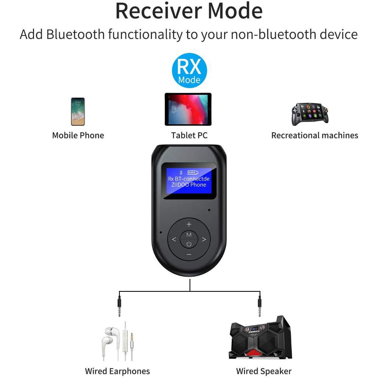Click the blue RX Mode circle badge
click(x=189, y=70)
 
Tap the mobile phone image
click(x=78, y=112)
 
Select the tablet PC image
click(x=188, y=109)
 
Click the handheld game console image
click(x=310, y=114)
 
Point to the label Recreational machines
click(x=314, y=135)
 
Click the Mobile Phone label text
click(x=78, y=135)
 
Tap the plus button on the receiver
click(x=189, y=225)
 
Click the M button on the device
click(x=189, y=235)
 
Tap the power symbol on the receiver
click(x=189, y=244)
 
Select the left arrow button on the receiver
click(x=174, y=239)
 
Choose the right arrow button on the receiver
click(x=204, y=239)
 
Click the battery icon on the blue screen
click(x=193, y=172)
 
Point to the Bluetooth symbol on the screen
click(x=181, y=172)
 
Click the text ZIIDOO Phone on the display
click(x=189, y=185)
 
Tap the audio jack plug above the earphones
click(x=119, y=305)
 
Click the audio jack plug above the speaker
click(x=260, y=305)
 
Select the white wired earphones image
click(x=118, y=341)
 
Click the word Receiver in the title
click(x=159, y=11)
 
